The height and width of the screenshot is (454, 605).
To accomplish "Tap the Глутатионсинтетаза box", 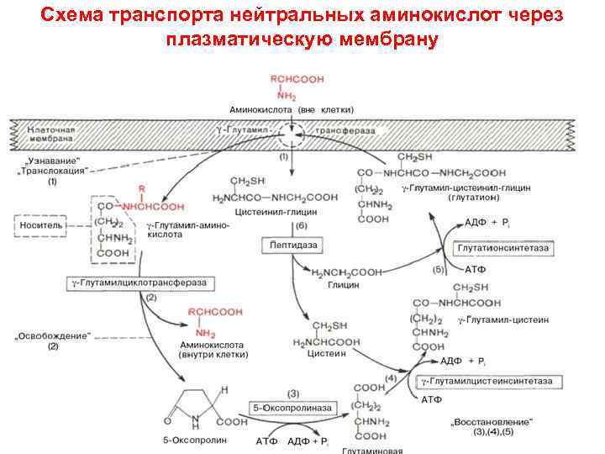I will (504, 250).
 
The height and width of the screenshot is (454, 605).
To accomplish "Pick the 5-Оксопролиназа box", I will (293, 408).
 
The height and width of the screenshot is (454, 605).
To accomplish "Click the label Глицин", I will (343, 285).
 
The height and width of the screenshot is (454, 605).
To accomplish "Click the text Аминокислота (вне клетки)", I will (292, 110).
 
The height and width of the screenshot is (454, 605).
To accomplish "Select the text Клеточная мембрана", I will (52, 136).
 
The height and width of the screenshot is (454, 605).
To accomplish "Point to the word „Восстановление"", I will (495, 420).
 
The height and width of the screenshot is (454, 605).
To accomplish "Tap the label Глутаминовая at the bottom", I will (376, 449).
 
